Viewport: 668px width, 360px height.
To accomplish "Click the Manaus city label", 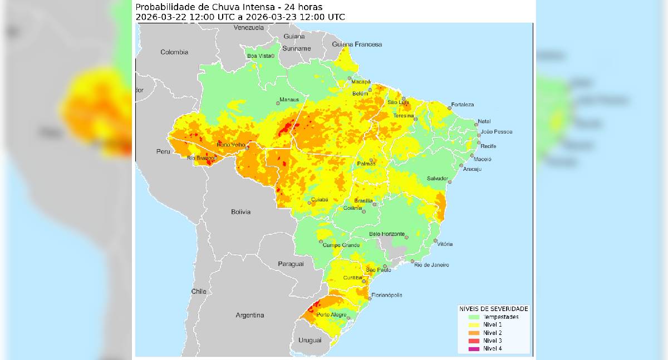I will [289, 100].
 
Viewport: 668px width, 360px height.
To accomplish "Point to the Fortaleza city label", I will [463, 105].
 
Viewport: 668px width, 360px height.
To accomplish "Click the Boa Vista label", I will [259, 56].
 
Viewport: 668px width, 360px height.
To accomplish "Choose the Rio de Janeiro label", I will [431, 265].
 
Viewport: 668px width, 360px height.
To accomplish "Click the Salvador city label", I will [437, 178].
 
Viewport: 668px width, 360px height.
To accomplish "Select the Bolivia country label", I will [240, 212].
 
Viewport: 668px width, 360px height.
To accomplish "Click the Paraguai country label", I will [291, 264].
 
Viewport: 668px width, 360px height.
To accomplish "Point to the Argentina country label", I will [249, 315].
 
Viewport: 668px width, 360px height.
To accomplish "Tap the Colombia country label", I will [174, 52].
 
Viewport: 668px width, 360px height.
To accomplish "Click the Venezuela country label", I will [248, 27].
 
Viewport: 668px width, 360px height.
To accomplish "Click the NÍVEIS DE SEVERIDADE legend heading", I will [493, 308].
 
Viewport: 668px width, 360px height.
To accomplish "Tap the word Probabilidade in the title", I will [165, 7].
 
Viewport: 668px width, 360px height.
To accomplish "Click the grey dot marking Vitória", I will [435, 241].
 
